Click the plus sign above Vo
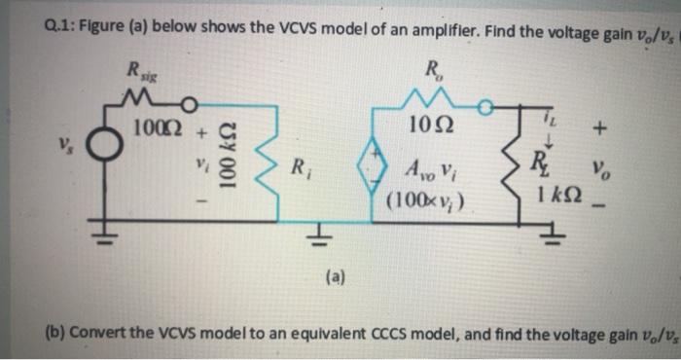tap(602, 127)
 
